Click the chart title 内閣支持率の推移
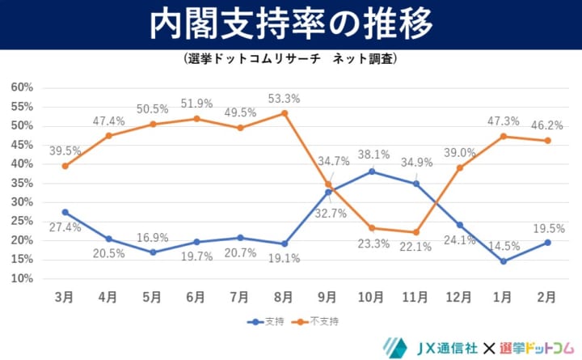[290, 25]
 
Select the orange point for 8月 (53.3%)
[284, 113]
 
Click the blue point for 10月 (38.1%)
[372, 172]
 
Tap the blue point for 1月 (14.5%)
[504, 261]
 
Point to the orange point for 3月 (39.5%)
[65, 166]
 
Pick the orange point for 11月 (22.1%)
[415, 232]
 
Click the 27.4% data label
[65, 227]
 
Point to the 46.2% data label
[546, 126]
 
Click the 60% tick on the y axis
[22, 87]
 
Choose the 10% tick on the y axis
[22, 278]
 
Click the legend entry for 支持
[268, 321]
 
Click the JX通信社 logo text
[436, 347]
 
